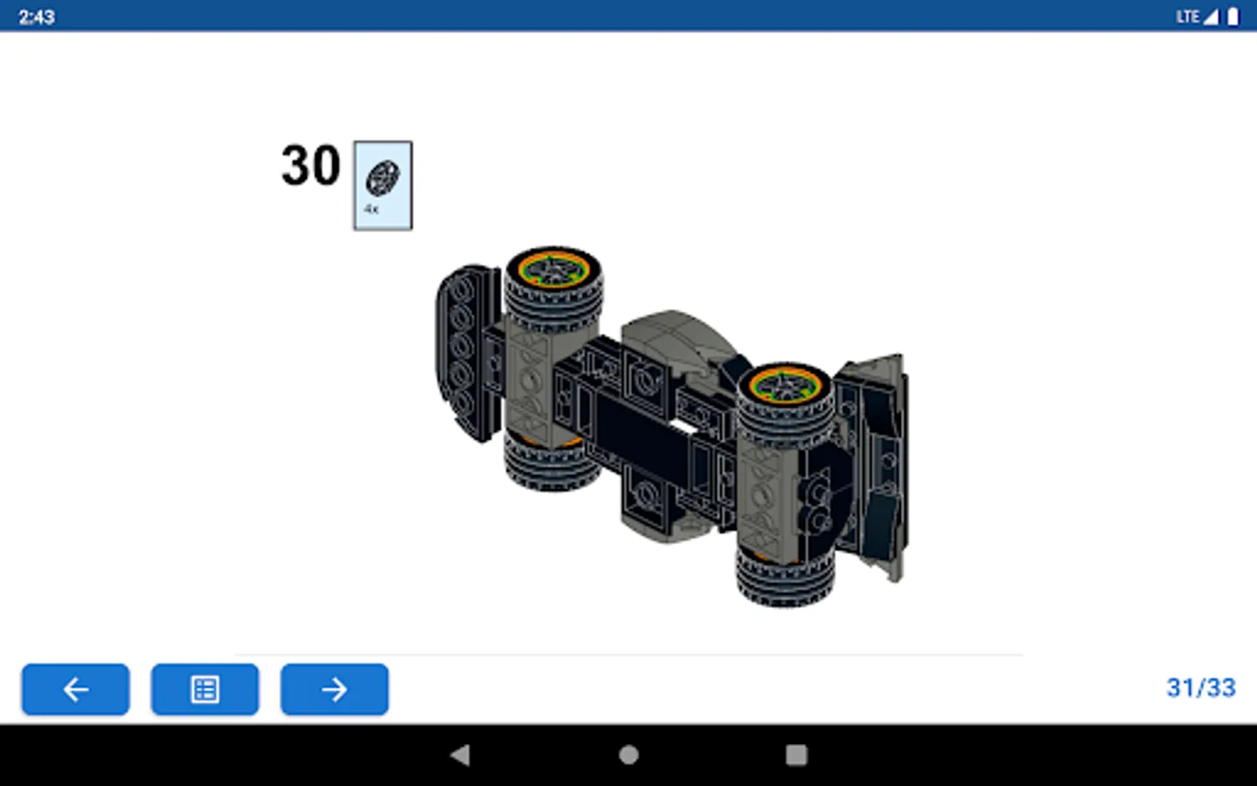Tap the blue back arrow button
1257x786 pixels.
pyautogui.click(x=76, y=689)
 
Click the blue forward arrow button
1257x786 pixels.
pyautogui.click(x=334, y=689)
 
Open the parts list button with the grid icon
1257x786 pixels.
pyautogui.click(x=205, y=689)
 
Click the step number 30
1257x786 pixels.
pyautogui.click(x=311, y=165)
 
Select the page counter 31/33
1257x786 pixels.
pyautogui.click(x=1201, y=688)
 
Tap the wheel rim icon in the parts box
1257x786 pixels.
pyautogui.click(x=382, y=178)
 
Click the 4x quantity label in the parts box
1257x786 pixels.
pyautogui.click(x=371, y=210)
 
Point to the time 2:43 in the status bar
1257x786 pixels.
pyautogui.click(x=37, y=17)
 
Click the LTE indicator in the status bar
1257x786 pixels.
pyautogui.click(x=1187, y=17)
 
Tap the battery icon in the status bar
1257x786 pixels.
pyautogui.click(x=1233, y=17)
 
